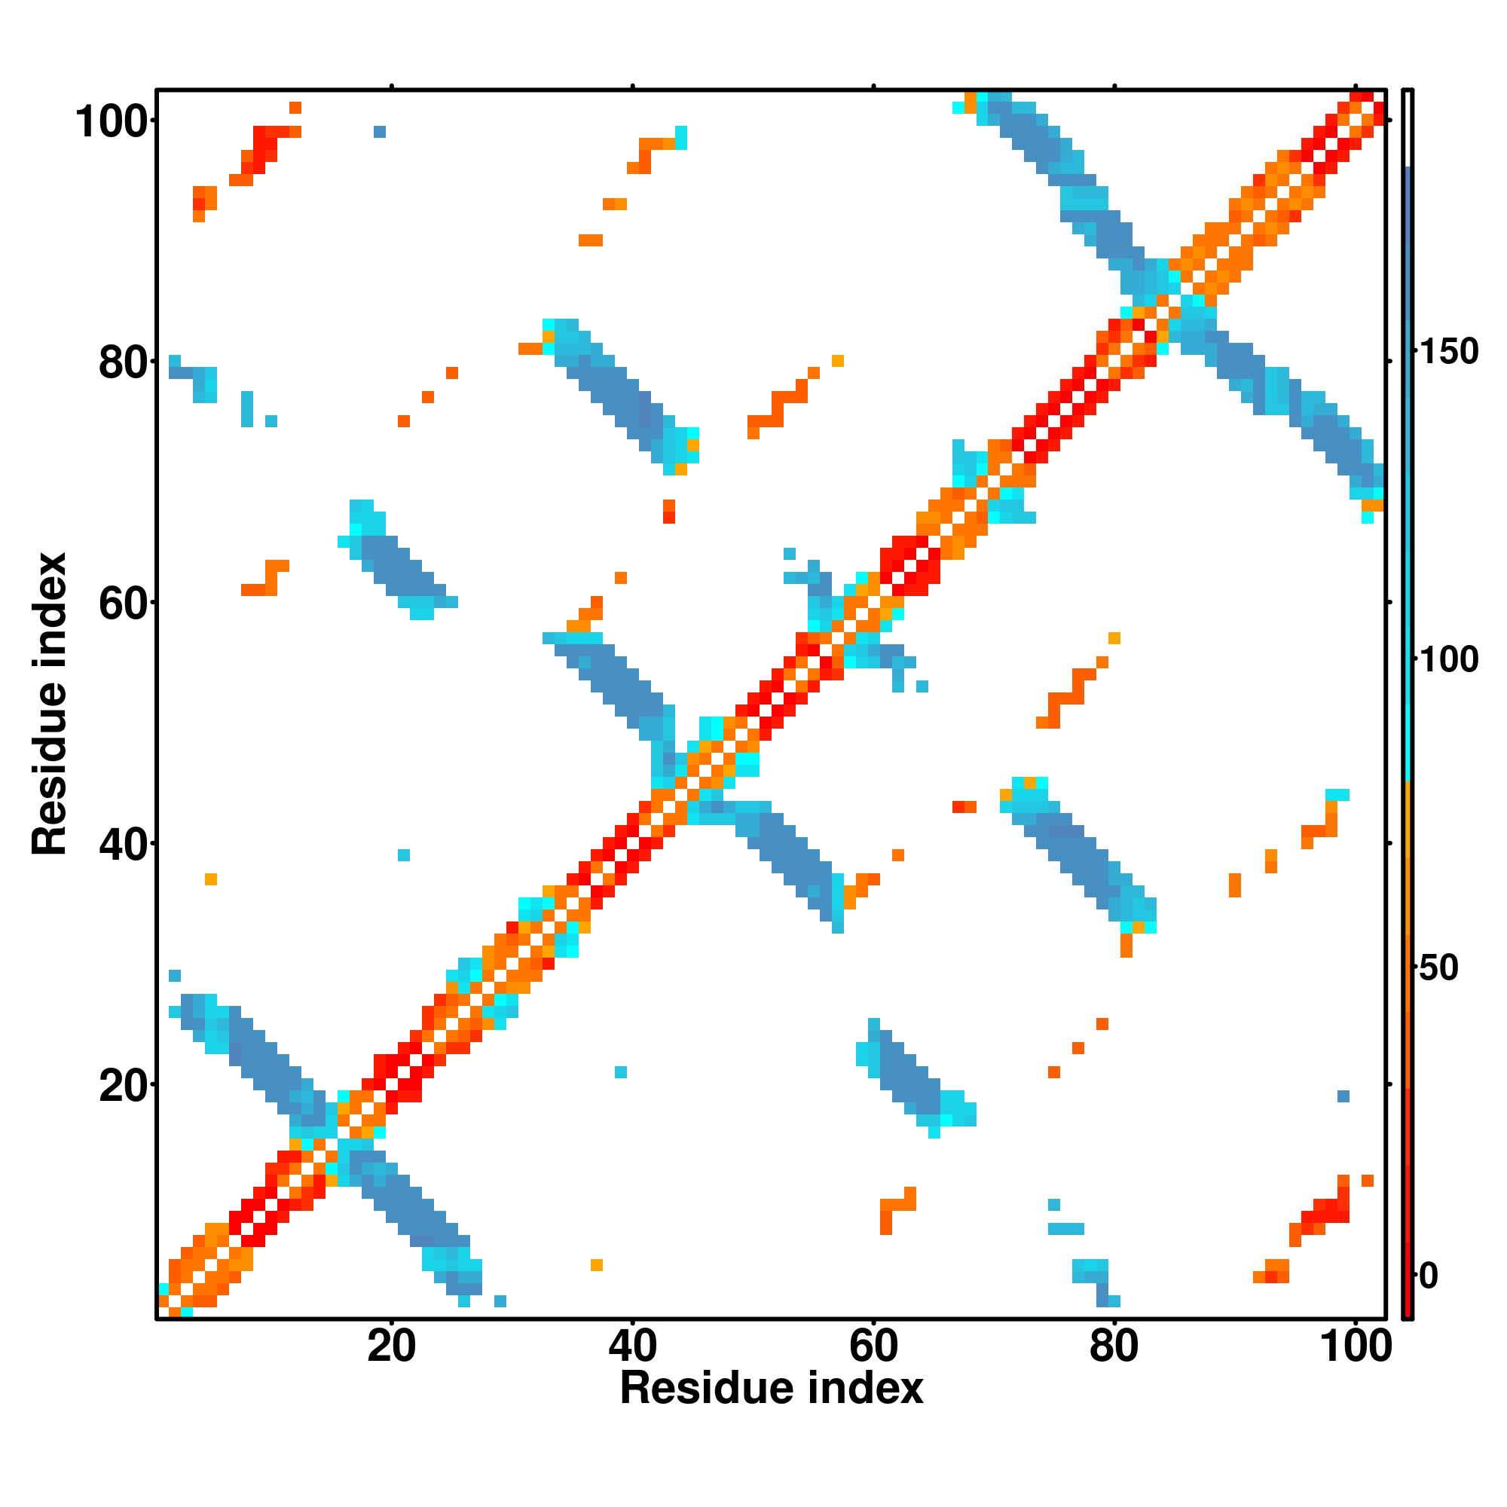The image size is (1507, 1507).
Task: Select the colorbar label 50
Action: [x=1439, y=968]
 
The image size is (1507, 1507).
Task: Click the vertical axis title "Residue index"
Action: [x=50, y=704]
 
